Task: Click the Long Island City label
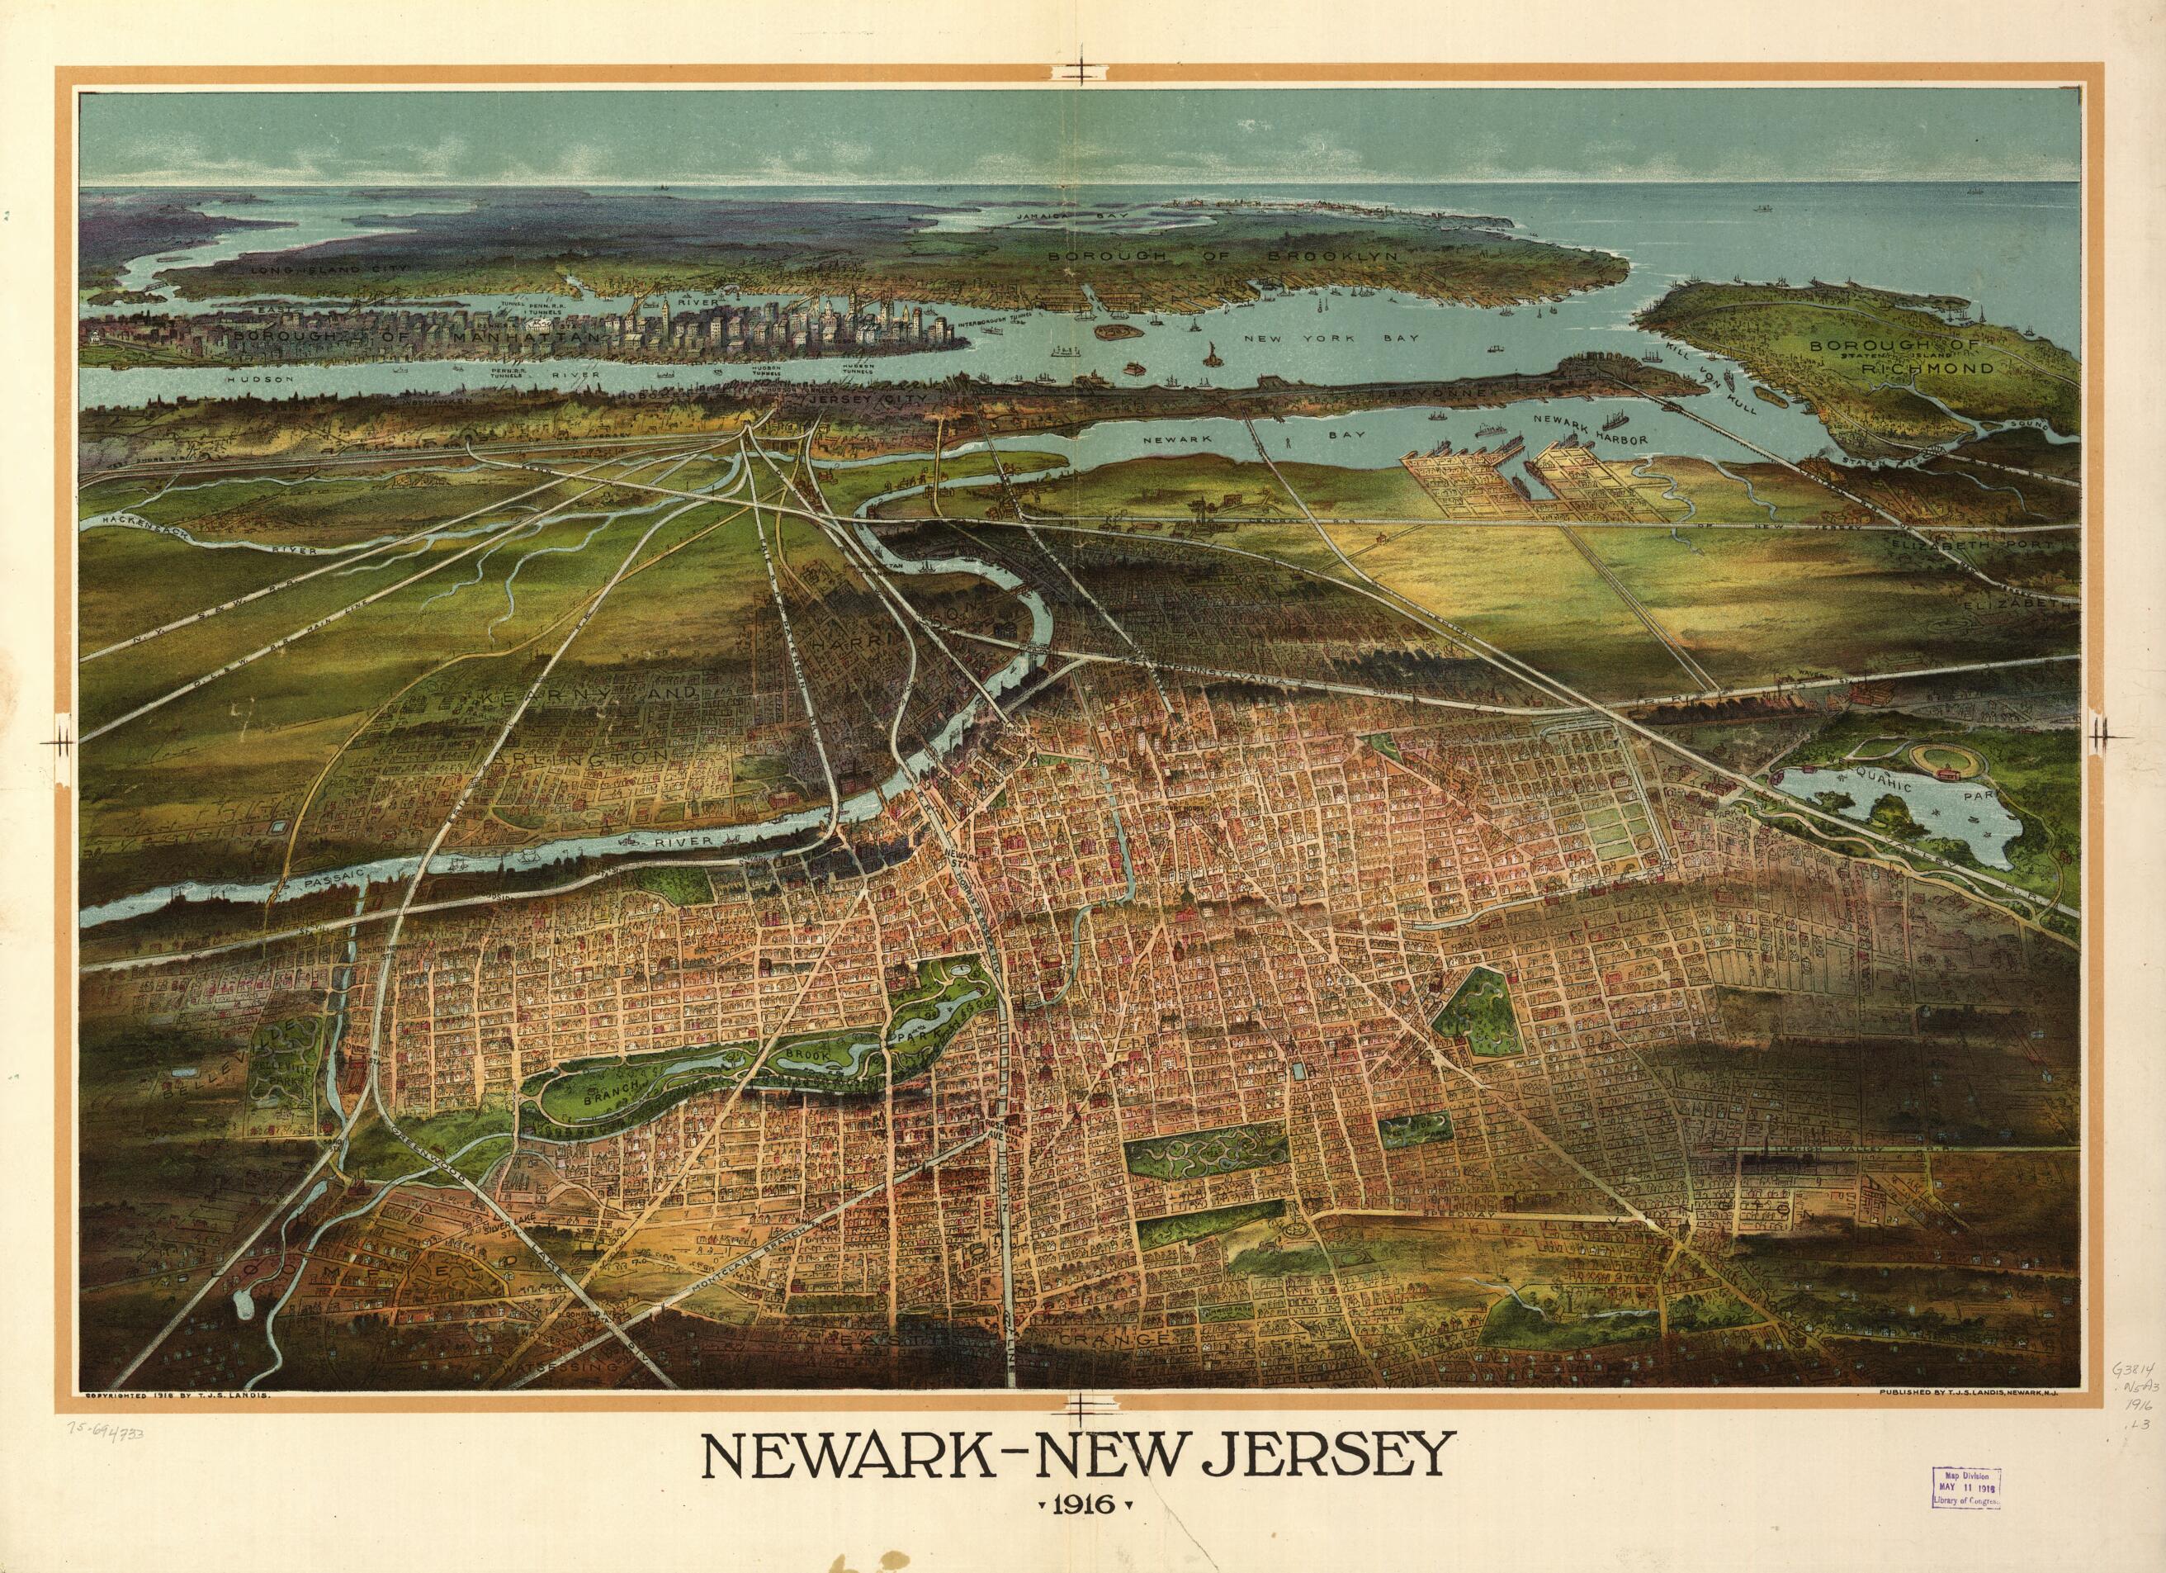[330, 270]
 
